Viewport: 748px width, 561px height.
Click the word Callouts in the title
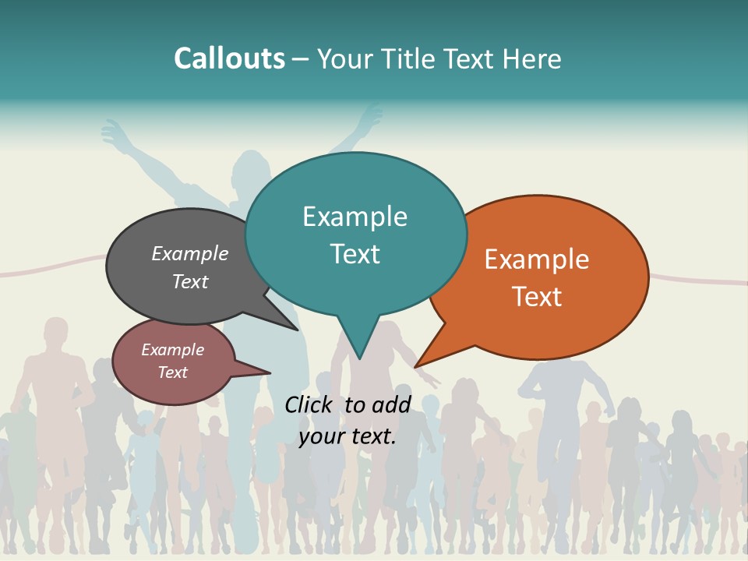tap(229, 58)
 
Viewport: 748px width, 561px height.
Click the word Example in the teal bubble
tap(355, 217)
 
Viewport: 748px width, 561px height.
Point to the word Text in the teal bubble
tap(355, 254)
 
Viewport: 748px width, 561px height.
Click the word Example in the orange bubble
tap(536, 259)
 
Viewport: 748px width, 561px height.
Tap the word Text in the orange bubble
tap(536, 297)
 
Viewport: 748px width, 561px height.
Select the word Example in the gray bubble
tap(189, 253)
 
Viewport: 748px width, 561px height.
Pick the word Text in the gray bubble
tap(189, 281)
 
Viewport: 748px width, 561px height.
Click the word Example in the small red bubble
tap(172, 350)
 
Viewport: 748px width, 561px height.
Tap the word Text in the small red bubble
tap(172, 372)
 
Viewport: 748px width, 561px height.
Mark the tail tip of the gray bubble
tap(297, 330)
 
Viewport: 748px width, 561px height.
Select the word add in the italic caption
tap(390, 404)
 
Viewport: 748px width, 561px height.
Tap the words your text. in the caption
tap(348, 436)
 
